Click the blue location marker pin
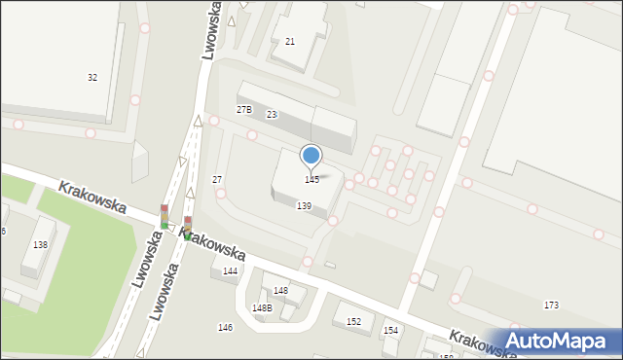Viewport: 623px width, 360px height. (311, 156)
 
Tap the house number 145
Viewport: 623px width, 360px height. (311, 180)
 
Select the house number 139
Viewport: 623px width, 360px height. (304, 206)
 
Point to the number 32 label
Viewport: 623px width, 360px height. (92, 77)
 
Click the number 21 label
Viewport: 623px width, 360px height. (290, 42)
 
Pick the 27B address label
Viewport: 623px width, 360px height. (244, 110)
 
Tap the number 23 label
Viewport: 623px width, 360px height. (272, 115)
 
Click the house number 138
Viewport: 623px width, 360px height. (40, 245)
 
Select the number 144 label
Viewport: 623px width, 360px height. (230, 271)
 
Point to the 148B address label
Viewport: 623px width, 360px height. (262, 308)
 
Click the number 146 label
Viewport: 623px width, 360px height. (225, 328)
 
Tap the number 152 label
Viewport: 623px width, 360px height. (353, 322)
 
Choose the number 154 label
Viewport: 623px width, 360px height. (390, 331)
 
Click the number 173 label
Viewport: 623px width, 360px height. (551, 306)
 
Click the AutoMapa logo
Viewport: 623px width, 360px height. (561, 341)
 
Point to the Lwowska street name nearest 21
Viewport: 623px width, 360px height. (210, 31)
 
